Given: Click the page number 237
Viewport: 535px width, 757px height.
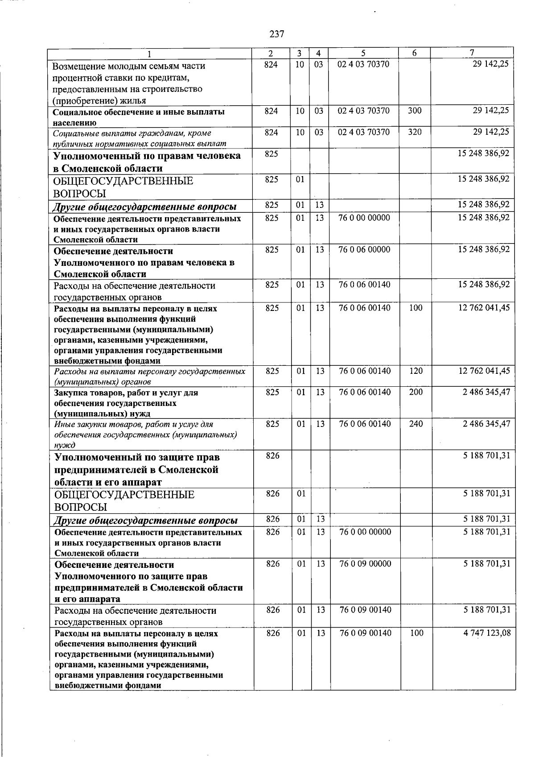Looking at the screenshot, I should click(276, 34).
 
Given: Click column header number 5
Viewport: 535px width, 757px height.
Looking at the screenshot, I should click(363, 53).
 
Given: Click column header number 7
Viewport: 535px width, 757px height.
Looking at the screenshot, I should click(472, 53).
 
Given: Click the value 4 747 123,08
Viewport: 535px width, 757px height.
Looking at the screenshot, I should click(487, 633).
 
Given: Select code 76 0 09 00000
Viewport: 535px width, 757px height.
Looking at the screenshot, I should click(365, 563).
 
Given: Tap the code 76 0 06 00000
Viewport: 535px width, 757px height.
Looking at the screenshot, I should click(364, 249).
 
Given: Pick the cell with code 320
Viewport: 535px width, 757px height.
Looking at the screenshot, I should click(415, 132).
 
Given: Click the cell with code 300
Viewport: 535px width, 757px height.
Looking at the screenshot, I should click(415, 111).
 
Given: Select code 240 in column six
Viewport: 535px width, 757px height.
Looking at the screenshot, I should click(416, 424).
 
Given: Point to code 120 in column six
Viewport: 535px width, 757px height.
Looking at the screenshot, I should click(416, 371).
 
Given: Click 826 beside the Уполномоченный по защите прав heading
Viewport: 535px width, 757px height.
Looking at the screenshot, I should click(272, 455).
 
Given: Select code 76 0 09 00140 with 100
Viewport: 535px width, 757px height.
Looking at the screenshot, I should click(365, 633).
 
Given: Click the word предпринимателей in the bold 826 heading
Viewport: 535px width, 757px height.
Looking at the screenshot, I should click(104, 470).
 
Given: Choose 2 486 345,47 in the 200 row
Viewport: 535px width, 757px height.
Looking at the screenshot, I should click(486, 392).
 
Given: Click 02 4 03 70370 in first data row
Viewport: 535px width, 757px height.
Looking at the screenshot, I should click(363, 64).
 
